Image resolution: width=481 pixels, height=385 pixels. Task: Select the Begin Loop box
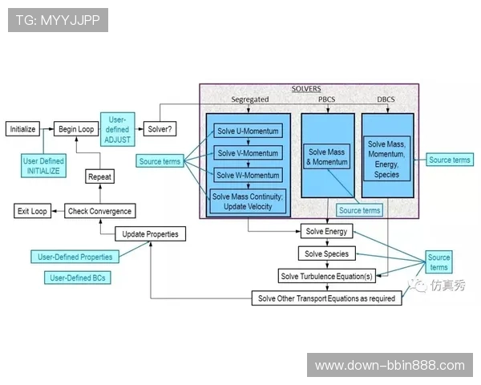click(75, 128)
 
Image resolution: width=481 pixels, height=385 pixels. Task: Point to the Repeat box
click(99, 176)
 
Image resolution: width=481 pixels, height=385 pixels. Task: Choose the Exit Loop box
click(32, 211)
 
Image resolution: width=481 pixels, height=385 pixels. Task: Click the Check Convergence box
click(99, 211)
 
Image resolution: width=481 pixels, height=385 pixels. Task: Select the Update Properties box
click(152, 234)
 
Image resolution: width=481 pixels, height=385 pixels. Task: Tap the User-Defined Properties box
click(75, 257)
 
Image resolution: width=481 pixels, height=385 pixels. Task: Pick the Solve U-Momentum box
click(248, 131)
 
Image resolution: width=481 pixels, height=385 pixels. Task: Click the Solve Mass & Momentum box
click(328, 156)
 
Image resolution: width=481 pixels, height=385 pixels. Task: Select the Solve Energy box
click(325, 232)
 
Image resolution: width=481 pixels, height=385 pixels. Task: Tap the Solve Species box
click(325, 253)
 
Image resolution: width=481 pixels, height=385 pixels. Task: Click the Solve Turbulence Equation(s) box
click(325, 276)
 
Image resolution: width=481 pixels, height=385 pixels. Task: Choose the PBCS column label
click(327, 99)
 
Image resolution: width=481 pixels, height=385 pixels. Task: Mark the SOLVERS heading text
click(307, 88)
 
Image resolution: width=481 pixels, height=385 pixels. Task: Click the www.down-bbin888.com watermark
click(390, 366)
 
